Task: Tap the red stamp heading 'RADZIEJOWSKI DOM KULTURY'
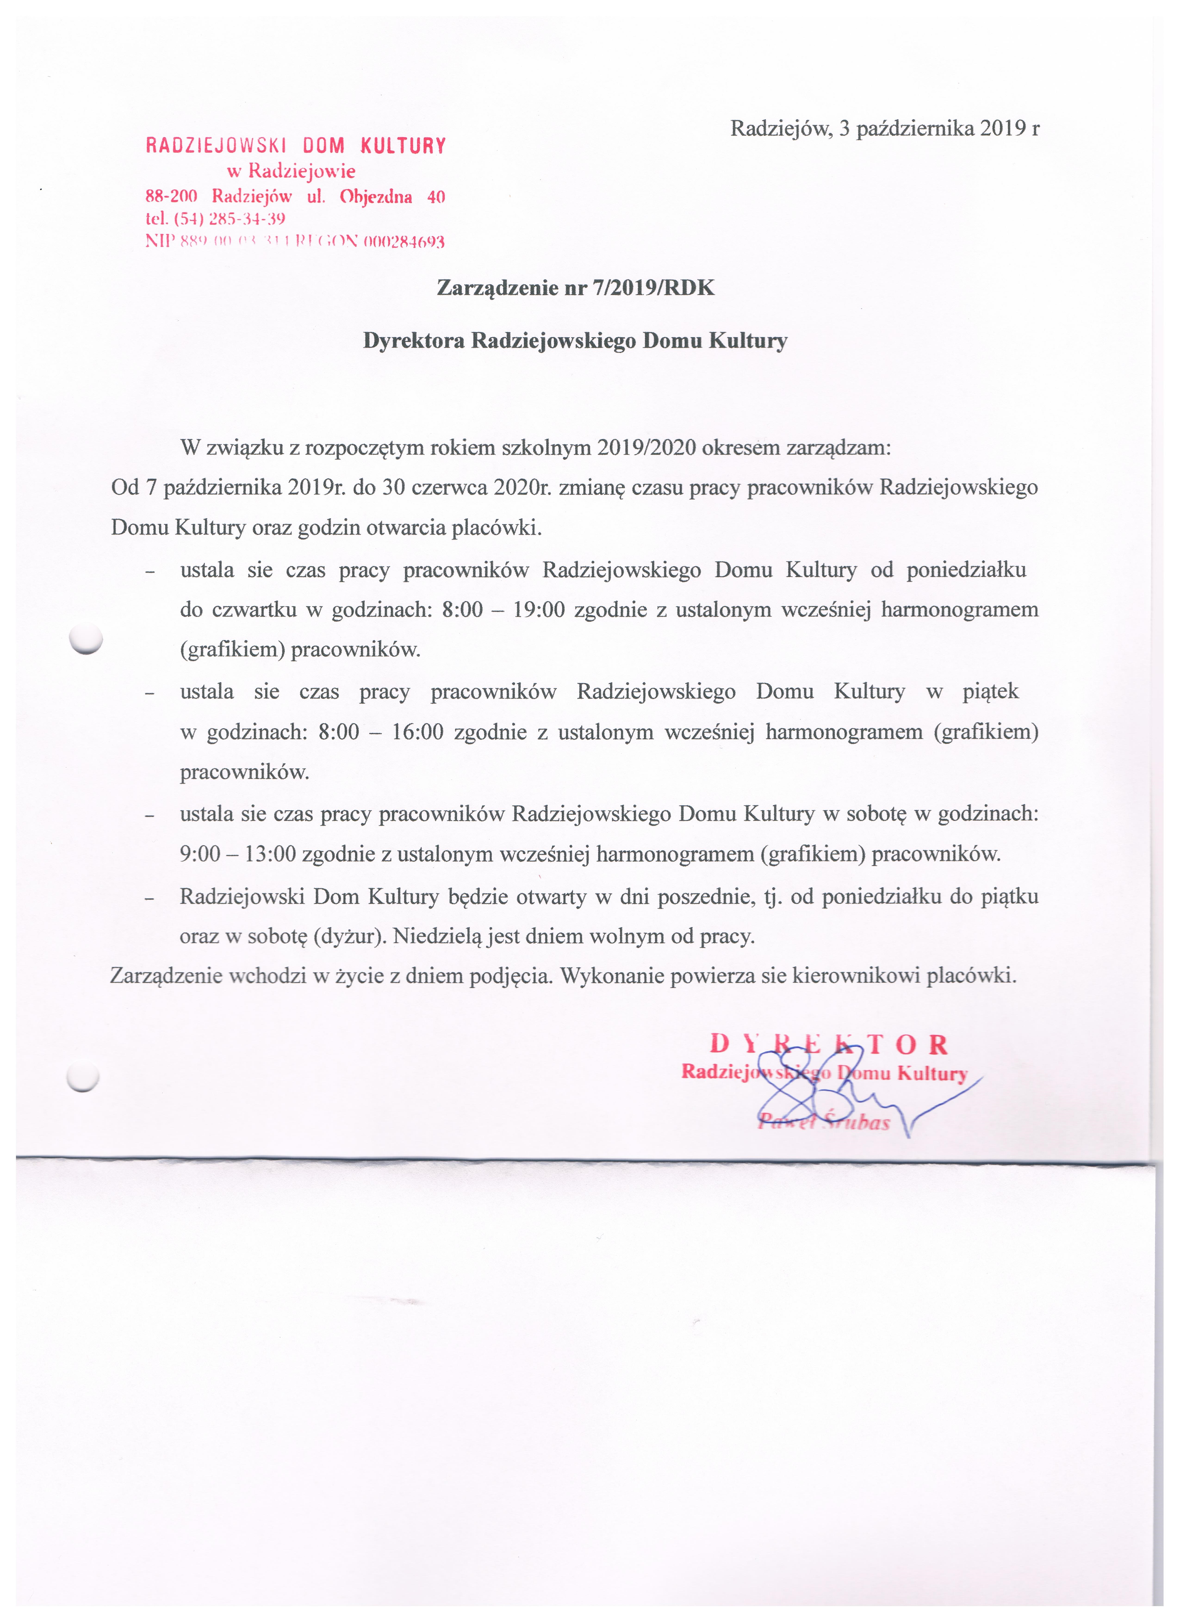[x=295, y=146]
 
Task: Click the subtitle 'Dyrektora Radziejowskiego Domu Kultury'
[x=575, y=341]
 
